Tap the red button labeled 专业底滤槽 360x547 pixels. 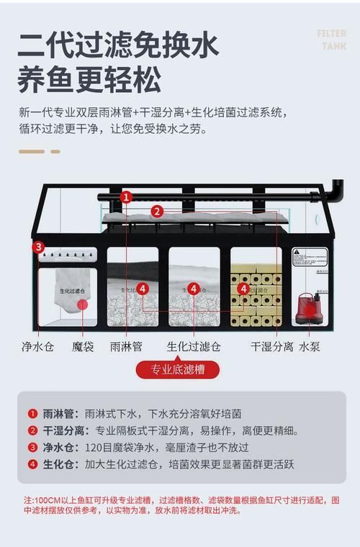pyautogui.click(x=177, y=371)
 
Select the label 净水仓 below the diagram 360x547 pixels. pyautogui.click(x=37, y=346)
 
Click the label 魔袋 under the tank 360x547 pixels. pyautogui.click(x=83, y=346)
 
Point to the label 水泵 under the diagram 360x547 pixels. pyautogui.click(x=310, y=346)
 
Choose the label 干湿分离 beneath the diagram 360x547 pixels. pyautogui.click(x=271, y=346)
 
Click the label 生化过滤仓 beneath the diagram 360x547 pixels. pyautogui.click(x=194, y=346)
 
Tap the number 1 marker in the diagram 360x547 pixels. pyautogui.click(x=126, y=196)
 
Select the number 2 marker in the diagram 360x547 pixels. pyautogui.click(x=157, y=211)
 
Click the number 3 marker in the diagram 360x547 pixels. pyautogui.click(x=38, y=247)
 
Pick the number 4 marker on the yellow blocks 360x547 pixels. pyautogui.click(x=244, y=289)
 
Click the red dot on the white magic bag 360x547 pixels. pyautogui.click(x=83, y=304)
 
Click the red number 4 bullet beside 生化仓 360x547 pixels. pyautogui.click(x=32, y=464)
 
